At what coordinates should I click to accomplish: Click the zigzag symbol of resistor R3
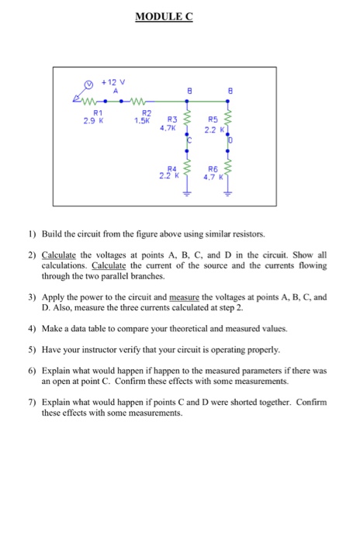(x=187, y=121)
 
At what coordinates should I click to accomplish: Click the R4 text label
(x=172, y=168)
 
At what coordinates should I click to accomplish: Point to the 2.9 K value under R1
(x=93, y=120)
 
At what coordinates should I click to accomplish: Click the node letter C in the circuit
(x=189, y=140)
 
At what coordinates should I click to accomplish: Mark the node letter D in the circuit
(x=230, y=141)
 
